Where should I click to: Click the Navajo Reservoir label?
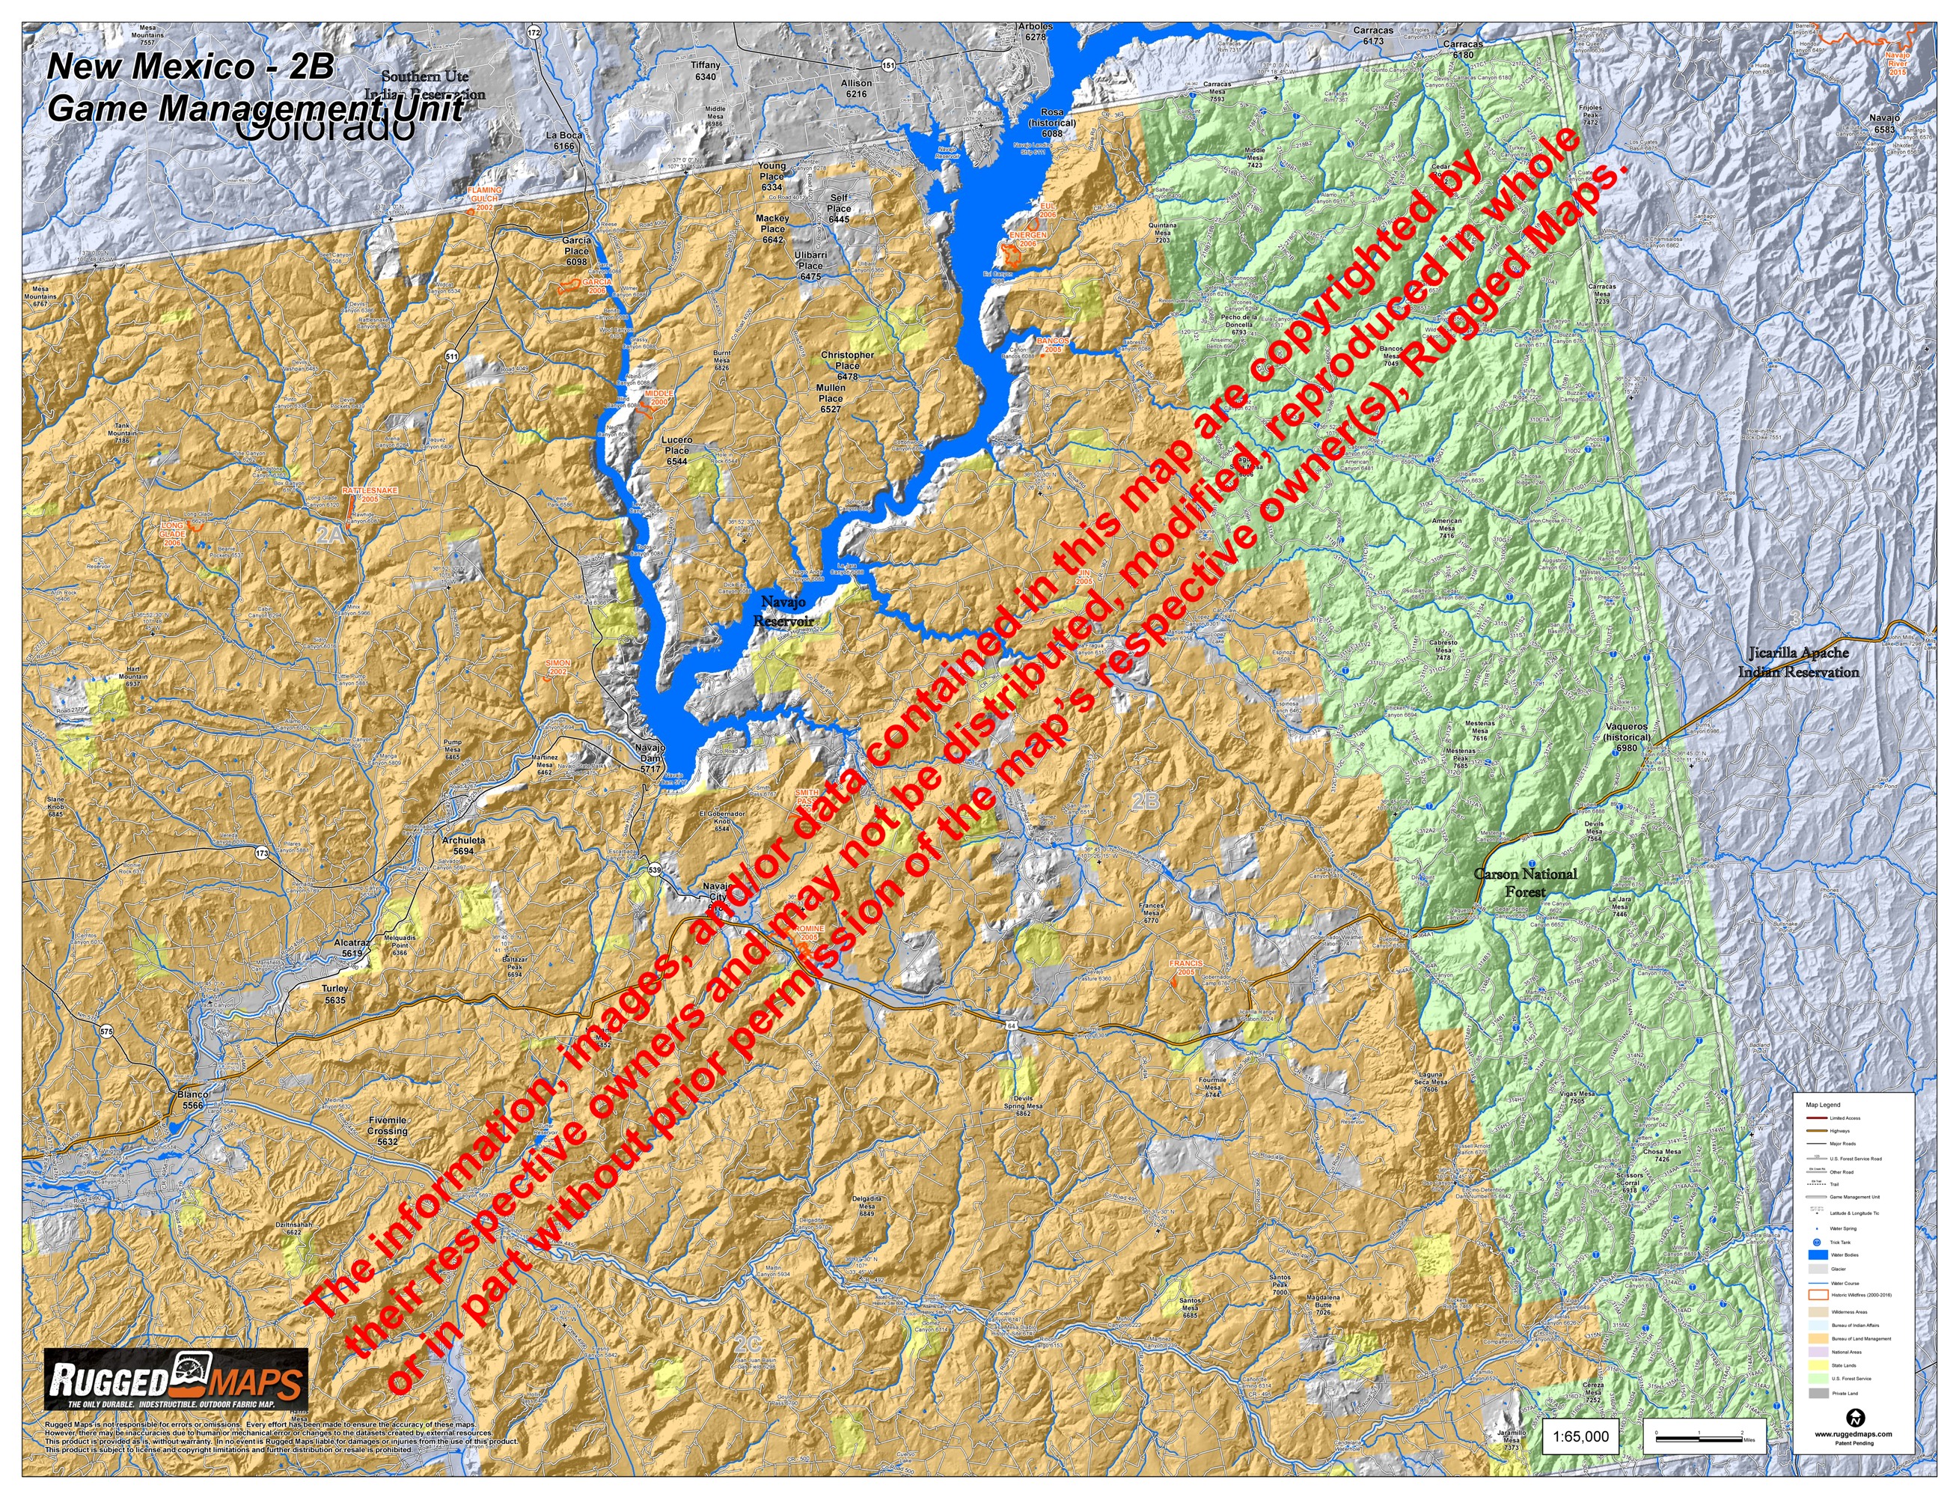click(x=783, y=612)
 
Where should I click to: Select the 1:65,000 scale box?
click(x=1580, y=1436)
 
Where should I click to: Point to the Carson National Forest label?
click(x=1525, y=882)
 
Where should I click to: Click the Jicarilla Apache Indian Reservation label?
click(x=1798, y=662)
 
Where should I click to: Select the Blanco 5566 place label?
click(x=193, y=1100)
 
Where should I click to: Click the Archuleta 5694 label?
click(x=463, y=845)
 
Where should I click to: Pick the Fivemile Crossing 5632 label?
click(x=388, y=1131)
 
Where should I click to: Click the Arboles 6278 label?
click(x=1035, y=32)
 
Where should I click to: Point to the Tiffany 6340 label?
click(x=705, y=70)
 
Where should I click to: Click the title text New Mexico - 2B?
click(x=190, y=67)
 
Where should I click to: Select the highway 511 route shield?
click(x=452, y=356)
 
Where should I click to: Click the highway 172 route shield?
click(x=533, y=33)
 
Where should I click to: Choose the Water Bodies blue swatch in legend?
click(x=1818, y=1254)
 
